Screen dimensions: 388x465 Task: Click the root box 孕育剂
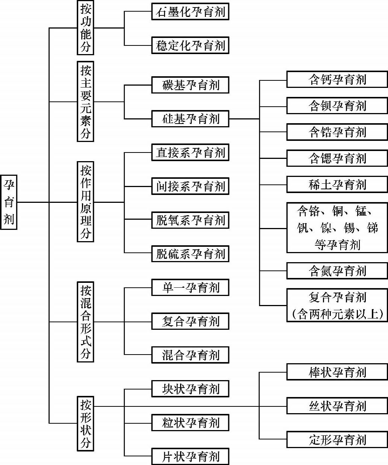pos(9,202)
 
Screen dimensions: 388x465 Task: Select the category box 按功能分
pos(85,28)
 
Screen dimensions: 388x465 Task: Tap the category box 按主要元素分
pos(85,101)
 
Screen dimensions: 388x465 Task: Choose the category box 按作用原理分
pos(85,202)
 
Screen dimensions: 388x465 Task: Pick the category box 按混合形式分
pos(85,322)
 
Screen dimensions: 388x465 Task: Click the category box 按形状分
pos(85,423)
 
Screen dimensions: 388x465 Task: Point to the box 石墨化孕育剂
pos(190,11)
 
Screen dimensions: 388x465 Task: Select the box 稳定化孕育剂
pos(190,45)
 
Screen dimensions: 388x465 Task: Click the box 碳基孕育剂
pos(190,85)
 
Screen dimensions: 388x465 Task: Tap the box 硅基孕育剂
pos(190,119)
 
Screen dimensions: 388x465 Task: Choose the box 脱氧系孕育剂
pos(190,220)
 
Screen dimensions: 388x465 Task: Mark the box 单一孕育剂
pos(190,288)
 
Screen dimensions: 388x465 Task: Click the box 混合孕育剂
pos(190,355)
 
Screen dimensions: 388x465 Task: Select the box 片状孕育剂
pos(190,456)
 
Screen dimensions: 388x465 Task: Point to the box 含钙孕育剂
pos(337,79)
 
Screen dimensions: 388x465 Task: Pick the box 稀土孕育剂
pos(337,184)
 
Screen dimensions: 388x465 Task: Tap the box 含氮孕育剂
pos(337,271)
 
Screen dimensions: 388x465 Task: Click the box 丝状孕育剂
pos(337,406)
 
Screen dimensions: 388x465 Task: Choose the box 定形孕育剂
pos(337,439)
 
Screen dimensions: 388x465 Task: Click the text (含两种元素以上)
pos(337,314)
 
